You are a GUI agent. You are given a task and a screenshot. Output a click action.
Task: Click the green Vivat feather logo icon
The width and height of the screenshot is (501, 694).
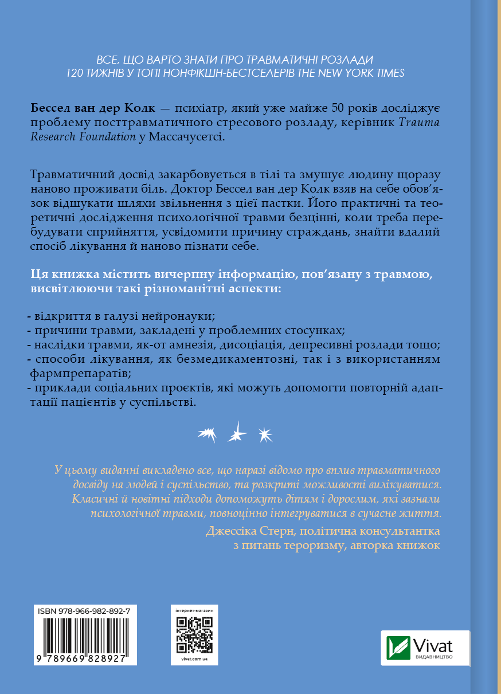[398, 648]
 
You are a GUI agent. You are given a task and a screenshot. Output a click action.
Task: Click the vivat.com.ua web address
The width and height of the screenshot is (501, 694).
[194, 660]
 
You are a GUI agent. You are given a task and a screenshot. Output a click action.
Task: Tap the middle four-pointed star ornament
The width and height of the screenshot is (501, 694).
[236, 432]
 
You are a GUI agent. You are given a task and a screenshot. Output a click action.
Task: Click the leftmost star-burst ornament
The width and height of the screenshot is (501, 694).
[206, 435]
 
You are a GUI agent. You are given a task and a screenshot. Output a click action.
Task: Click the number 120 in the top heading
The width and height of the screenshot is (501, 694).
[76, 73]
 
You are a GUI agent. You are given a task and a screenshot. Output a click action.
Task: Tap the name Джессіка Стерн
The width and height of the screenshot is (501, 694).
[243, 531]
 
